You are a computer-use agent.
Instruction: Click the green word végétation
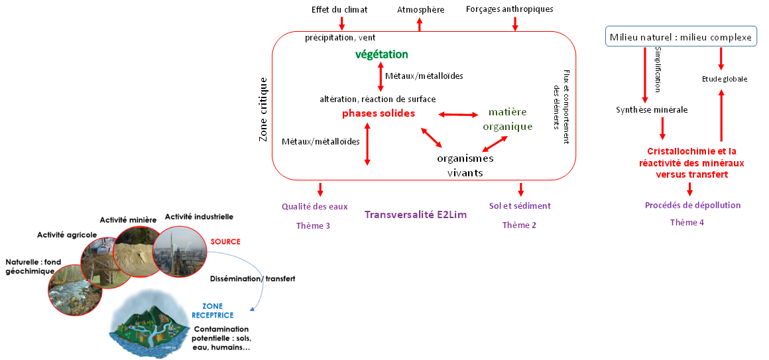click(x=382, y=55)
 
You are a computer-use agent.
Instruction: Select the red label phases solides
click(x=379, y=113)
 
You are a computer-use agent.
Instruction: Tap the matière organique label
click(x=508, y=119)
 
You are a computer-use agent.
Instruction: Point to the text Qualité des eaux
click(x=314, y=206)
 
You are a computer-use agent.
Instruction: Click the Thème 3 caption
click(x=313, y=226)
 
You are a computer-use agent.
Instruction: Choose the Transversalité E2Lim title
click(x=416, y=215)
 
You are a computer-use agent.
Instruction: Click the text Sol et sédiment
click(x=520, y=206)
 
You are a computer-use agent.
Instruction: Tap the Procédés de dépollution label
click(x=693, y=206)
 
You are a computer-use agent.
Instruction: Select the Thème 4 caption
click(x=687, y=223)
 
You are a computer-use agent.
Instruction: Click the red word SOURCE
click(x=225, y=242)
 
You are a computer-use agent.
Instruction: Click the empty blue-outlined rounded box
click(x=681, y=36)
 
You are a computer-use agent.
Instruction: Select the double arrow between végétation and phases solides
click(x=381, y=78)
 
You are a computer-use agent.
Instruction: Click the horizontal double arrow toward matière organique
click(x=458, y=115)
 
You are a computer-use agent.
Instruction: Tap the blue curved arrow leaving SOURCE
click(x=255, y=278)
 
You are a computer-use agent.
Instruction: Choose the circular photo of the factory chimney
click(x=179, y=253)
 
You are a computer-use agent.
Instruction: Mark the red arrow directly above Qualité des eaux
click(x=320, y=190)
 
